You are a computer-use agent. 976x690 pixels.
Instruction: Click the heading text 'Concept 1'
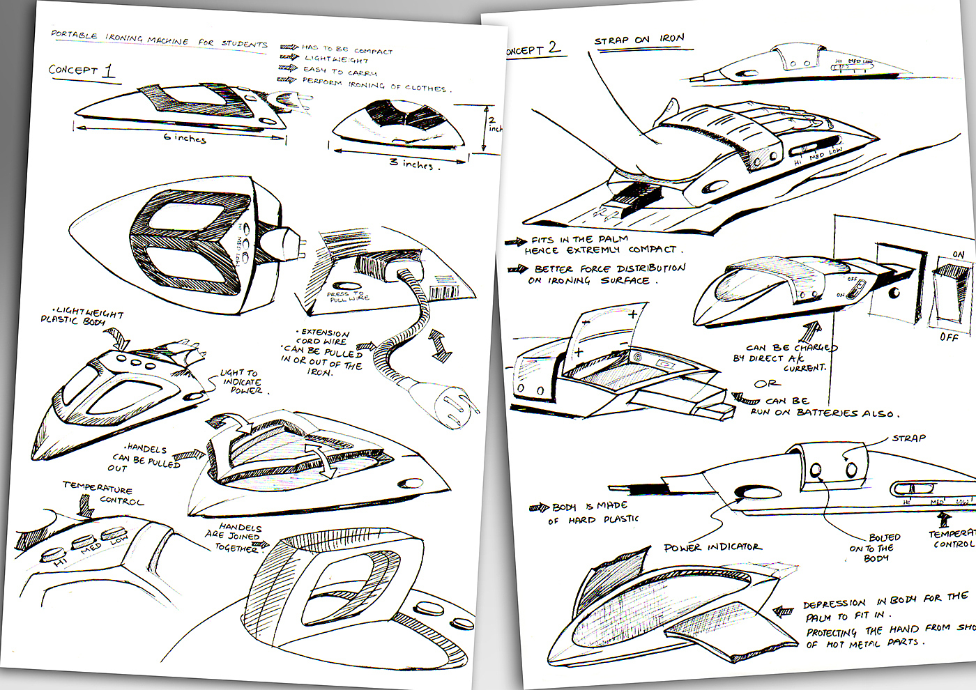click(x=81, y=71)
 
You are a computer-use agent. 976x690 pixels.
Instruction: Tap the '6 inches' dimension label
click(x=185, y=138)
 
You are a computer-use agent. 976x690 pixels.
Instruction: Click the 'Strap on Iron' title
click(x=639, y=40)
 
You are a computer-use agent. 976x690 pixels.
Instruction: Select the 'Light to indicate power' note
click(x=241, y=382)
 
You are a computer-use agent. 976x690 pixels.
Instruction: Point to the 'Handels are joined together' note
click(x=237, y=537)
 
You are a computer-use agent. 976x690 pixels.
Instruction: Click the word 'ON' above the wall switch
click(x=959, y=255)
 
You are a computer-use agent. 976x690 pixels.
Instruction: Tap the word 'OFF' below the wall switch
click(x=949, y=337)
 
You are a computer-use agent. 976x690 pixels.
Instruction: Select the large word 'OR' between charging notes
click(x=767, y=384)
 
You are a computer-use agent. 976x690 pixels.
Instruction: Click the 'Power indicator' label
click(x=712, y=547)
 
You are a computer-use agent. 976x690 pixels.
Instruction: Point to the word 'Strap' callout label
click(x=909, y=438)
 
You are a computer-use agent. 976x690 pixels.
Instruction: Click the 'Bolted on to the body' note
click(x=876, y=548)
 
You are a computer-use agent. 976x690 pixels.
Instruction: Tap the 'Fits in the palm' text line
click(x=579, y=240)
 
